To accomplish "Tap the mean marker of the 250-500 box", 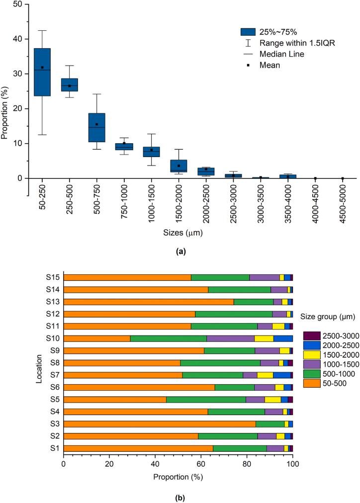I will (70, 86).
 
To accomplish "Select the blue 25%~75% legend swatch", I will (248, 32).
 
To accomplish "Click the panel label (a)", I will (180, 252).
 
